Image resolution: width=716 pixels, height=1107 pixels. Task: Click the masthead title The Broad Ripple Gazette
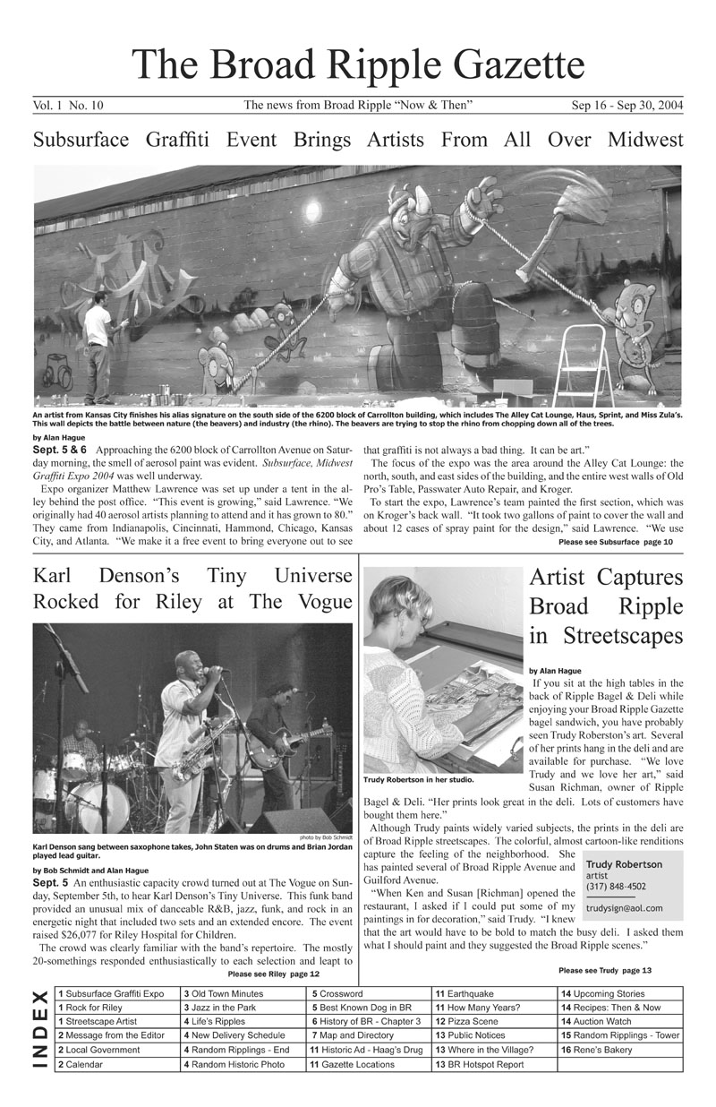point(358,64)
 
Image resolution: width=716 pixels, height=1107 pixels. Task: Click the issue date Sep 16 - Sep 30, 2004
point(626,106)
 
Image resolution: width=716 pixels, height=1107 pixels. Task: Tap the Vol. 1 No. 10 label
point(69,106)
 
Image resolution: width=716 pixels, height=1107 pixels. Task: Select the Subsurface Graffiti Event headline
point(358,140)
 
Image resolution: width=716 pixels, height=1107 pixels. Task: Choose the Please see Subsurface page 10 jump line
point(616,542)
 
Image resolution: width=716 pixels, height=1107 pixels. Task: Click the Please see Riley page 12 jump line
point(274,974)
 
